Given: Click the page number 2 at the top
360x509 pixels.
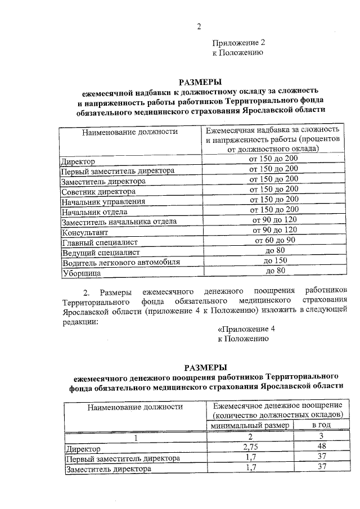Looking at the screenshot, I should click(199, 26).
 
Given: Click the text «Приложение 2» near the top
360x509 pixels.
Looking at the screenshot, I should click(238, 43).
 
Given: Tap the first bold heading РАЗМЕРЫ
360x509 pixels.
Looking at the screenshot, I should click(200, 81).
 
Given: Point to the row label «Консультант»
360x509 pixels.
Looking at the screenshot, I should click(85, 232).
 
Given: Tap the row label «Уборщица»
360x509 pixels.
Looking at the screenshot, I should click(82, 272).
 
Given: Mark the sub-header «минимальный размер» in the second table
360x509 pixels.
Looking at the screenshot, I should click(249, 425).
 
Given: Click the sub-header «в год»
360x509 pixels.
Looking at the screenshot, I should click(322, 425).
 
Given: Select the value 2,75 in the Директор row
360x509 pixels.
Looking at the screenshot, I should click(250, 448).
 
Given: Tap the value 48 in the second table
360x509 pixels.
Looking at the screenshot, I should click(322, 448).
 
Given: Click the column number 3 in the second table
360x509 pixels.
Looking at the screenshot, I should click(322, 436).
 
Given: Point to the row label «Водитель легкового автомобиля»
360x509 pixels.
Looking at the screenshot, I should click(120, 262).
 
